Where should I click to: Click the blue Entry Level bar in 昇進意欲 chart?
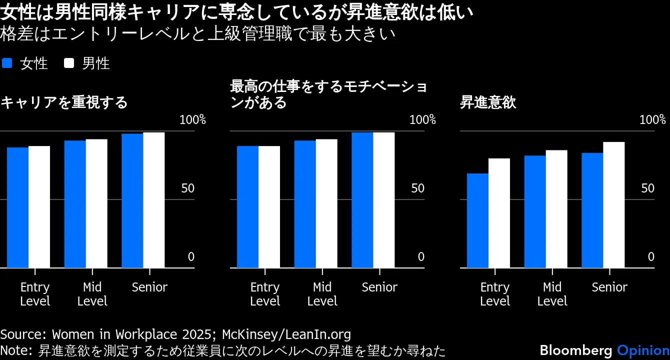point(477,220)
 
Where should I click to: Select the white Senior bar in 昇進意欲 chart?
point(613,205)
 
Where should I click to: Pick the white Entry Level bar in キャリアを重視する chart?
point(39,207)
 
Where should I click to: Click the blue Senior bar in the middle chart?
point(362,200)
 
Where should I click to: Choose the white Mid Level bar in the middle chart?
point(326,203)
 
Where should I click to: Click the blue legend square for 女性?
point(7,63)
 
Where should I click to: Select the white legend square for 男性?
point(69,63)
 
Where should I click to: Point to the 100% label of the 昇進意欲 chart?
point(652,120)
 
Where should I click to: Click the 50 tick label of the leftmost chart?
point(187,188)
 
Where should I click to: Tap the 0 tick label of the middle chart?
point(420,257)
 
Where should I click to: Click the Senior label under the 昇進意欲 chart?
point(609,287)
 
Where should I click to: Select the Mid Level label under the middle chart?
point(322,294)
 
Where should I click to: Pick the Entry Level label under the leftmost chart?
point(35,294)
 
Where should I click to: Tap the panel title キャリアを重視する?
point(64,103)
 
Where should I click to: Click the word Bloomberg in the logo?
point(576,350)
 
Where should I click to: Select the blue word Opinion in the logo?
point(643,350)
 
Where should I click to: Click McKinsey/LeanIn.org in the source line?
point(286,334)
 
